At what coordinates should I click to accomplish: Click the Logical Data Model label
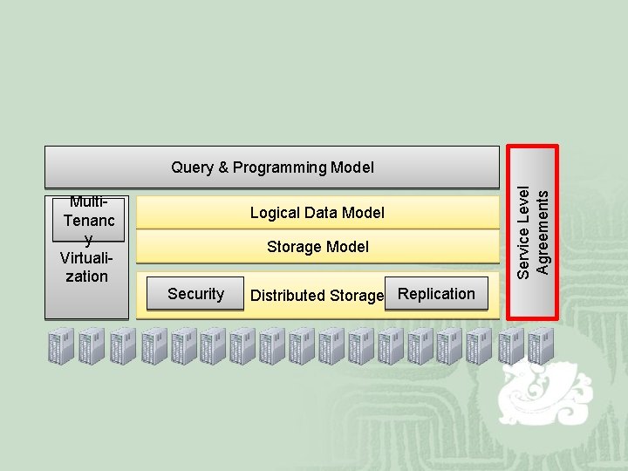317,213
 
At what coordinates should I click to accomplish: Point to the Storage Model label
317,247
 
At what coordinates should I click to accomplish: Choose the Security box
195,294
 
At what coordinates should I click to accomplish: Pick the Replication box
436,294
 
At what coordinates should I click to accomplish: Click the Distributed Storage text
317,296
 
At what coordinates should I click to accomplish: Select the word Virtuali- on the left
85,258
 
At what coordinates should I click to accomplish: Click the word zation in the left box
86,276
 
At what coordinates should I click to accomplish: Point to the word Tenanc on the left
89,222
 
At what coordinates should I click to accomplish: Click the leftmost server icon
62,346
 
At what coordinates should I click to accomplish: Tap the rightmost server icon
541,346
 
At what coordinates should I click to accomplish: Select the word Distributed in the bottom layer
287,296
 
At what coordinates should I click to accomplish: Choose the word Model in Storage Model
347,247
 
